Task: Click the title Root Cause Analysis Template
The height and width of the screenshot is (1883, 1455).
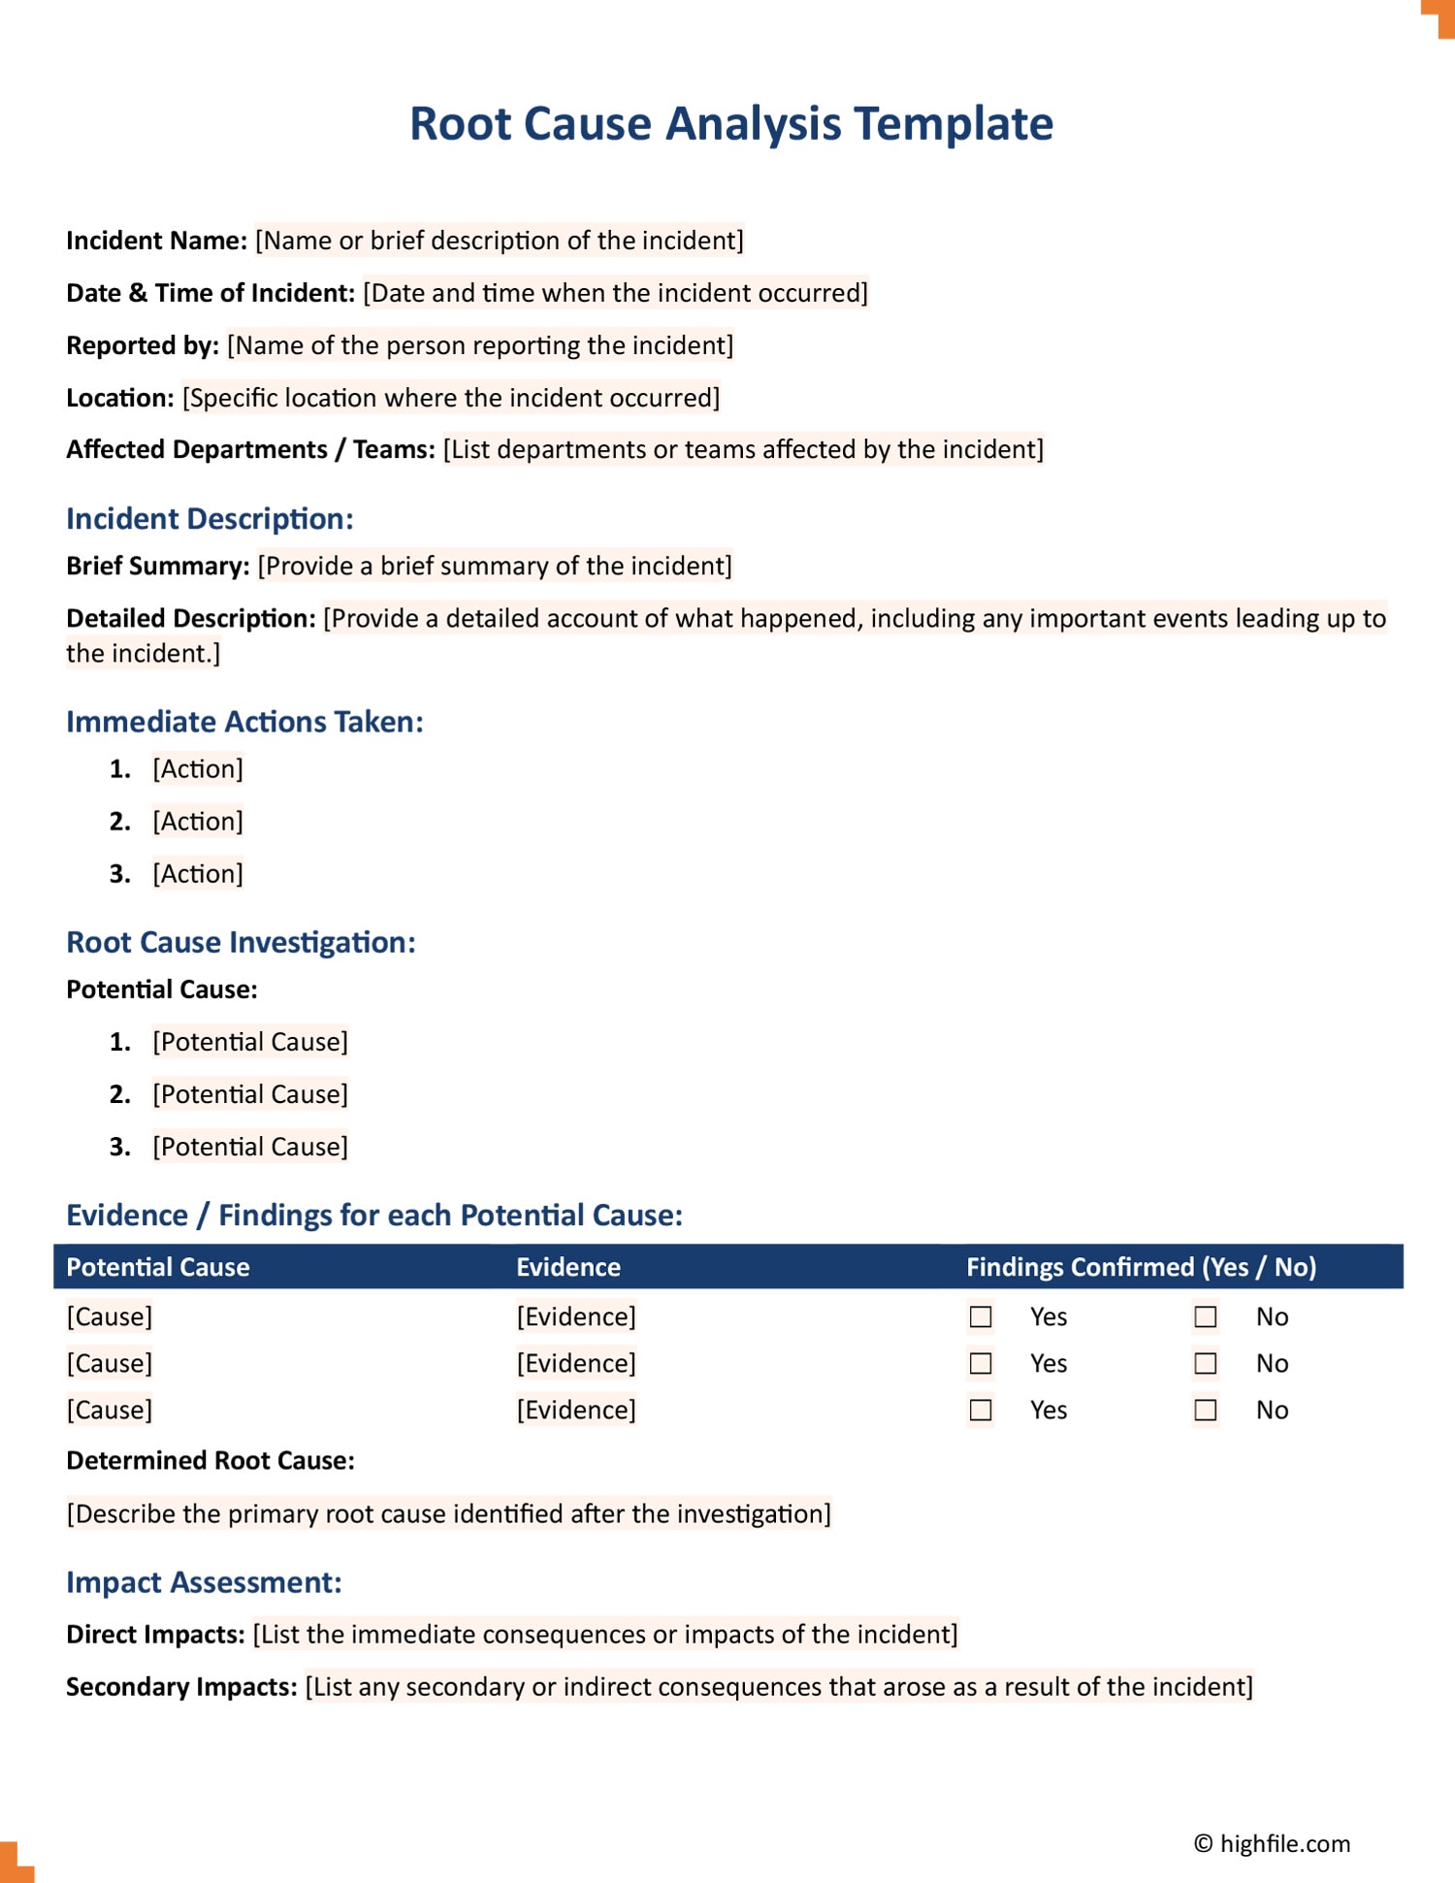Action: [x=730, y=124]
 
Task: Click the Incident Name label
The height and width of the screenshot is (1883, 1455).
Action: [x=156, y=241]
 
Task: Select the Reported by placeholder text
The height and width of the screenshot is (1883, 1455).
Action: [x=480, y=345]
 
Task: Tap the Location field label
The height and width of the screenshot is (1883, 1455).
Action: [x=119, y=398]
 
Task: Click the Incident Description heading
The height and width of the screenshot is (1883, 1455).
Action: [x=210, y=519]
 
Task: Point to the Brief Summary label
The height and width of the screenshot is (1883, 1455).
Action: [x=157, y=566]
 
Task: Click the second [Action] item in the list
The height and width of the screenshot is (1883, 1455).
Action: [x=198, y=822]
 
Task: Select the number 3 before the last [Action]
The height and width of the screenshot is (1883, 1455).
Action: [x=119, y=874]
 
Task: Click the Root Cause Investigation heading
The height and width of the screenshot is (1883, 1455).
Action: [x=241, y=942]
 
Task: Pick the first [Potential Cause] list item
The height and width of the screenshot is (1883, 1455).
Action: [x=250, y=1042]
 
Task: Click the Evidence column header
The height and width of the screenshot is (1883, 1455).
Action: [x=567, y=1267]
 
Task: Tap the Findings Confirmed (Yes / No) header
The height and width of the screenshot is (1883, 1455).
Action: [x=1141, y=1267]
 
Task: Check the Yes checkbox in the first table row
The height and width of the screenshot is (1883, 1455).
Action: [x=981, y=1316]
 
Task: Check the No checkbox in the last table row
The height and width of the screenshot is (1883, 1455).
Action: [x=1205, y=1410]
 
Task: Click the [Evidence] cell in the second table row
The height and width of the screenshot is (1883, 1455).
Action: [x=576, y=1363]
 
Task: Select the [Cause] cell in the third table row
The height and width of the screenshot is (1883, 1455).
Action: [x=110, y=1410]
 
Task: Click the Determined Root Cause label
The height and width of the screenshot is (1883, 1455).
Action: [x=210, y=1461]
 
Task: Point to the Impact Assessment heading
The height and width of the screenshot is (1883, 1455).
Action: [x=204, y=1582]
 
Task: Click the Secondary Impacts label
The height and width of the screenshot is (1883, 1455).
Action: [x=181, y=1687]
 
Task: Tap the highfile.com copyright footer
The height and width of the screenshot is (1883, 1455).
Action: [x=1272, y=1843]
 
